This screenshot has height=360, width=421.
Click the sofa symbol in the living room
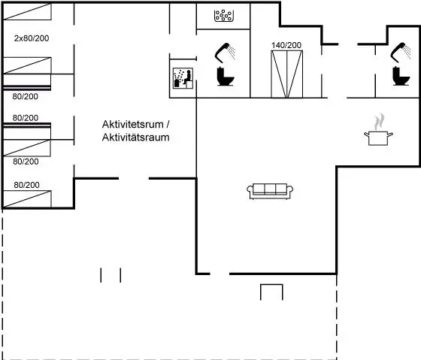pyautogui.click(x=270, y=191)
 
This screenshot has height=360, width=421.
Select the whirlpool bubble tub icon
pyautogui.click(x=224, y=16)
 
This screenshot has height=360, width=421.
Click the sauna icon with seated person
pyautogui.click(x=183, y=78)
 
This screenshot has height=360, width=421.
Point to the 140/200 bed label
pyautogui.click(x=286, y=45)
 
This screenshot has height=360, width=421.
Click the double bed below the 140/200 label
pyautogui.click(x=286, y=74)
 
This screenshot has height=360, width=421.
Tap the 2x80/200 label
pyautogui.click(x=32, y=38)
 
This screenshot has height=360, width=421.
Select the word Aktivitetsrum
pyautogui.click(x=132, y=124)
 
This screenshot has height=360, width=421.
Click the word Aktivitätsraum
pyautogui.click(x=135, y=138)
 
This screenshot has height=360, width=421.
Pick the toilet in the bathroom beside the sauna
pyautogui.click(x=225, y=76)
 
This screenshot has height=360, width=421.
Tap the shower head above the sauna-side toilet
pyautogui.click(x=225, y=52)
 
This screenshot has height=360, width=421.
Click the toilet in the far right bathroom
pyautogui.click(x=401, y=76)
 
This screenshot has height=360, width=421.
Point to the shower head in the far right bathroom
pyautogui.click(x=401, y=52)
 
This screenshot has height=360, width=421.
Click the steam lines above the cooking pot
pyautogui.click(x=380, y=122)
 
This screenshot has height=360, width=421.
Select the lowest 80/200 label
pyautogui.click(x=26, y=185)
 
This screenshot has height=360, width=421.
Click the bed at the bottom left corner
pyautogui.click(x=27, y=199)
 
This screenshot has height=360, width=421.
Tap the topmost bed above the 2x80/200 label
pyautogui.click(x=27, y=11)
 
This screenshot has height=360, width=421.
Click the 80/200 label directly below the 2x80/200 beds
pyautogui.click(x=26, y=96)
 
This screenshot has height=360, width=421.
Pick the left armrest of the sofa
pyautogui.click(x=250, y=190)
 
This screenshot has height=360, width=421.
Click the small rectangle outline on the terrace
pyautogui.click(x=271, y=285)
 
